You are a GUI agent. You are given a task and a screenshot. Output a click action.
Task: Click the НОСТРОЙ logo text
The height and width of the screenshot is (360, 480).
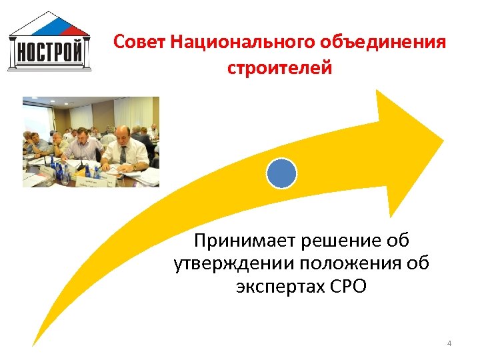[50, 51]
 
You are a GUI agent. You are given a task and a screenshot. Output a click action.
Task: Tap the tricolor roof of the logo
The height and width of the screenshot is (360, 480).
[50, 25]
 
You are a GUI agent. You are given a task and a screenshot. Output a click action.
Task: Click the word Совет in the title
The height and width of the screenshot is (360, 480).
[139, 43]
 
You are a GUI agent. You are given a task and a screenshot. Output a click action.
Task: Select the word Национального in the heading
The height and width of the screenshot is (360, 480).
[243, 43]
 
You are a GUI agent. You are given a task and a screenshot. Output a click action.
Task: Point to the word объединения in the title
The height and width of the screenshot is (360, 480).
[383, 43]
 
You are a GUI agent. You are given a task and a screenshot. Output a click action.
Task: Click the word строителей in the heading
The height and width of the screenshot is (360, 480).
[279, 68]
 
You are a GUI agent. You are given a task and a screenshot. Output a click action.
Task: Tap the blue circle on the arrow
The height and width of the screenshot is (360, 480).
[281, 173]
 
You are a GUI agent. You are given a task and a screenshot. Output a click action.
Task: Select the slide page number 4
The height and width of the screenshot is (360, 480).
[449, 343]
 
